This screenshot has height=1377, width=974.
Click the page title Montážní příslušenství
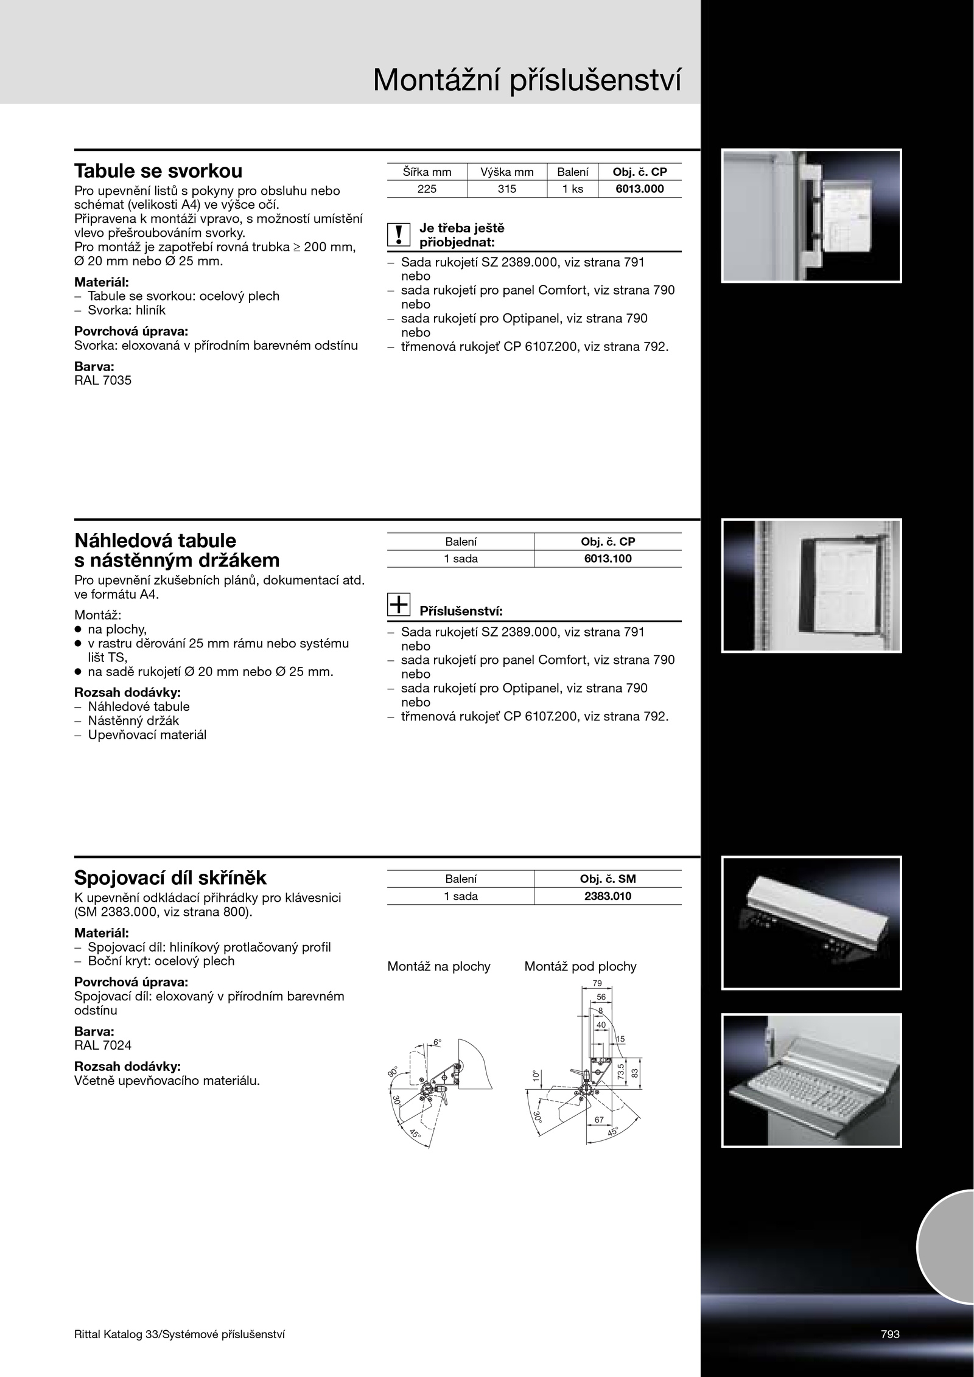(527, 81)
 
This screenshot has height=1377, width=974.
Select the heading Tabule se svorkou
(158, 170)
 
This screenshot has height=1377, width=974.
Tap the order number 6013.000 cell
(639, 189)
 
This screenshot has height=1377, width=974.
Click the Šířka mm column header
(427, 172)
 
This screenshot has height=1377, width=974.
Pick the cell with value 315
(506, 189)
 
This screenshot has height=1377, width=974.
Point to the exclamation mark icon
(399, 235)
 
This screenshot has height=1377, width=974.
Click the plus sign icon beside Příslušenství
(399, 604)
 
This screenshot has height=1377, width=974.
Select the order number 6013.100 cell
(608, 559)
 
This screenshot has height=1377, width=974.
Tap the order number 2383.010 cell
(608, 896)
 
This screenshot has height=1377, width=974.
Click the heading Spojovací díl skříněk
(170, 877)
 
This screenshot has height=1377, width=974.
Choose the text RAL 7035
(103, 381)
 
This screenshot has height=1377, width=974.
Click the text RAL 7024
(103, 1045)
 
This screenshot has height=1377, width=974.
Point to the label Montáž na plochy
(439, 966)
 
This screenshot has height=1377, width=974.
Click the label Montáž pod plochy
(580, 966)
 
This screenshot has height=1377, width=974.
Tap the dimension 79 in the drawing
(597, 983)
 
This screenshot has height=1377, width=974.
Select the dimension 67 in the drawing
(599, 1120)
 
